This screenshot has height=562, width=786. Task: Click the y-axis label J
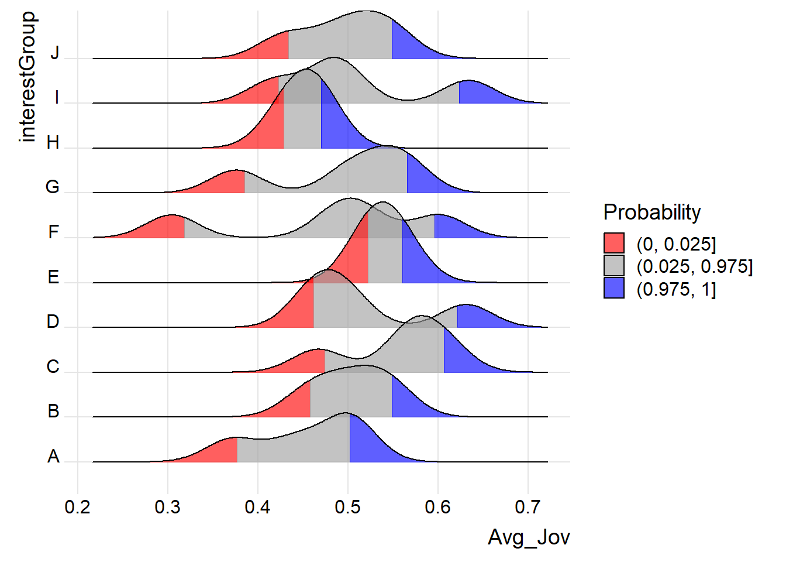point(54,53)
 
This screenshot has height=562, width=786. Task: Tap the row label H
point(53,142)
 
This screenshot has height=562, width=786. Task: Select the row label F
point(53,232)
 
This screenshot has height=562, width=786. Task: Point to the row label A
point(53,456)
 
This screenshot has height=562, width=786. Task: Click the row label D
point(53,321)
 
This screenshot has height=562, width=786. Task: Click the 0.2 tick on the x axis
point(78,507)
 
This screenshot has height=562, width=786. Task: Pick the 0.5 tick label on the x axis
point(348,507)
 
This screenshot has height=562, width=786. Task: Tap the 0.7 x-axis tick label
point(528,507)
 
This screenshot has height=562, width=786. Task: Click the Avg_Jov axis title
point(529,537)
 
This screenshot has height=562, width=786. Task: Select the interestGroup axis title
point(27,77)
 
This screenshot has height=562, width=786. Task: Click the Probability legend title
point(651,212)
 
